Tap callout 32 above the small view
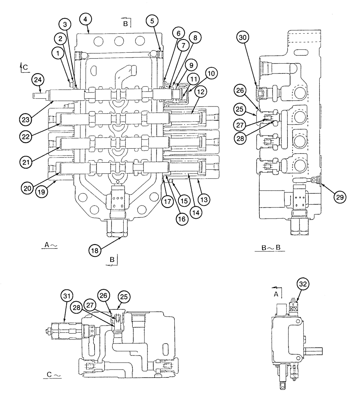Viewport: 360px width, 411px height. pyautogui.click(x=303, y=284)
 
